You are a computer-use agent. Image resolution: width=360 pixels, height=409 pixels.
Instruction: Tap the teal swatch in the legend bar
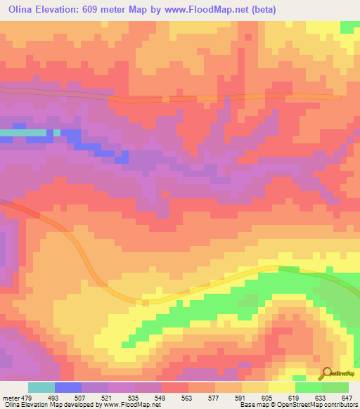(41, 387)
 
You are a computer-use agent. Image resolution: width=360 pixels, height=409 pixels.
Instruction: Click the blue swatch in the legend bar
(68, 387)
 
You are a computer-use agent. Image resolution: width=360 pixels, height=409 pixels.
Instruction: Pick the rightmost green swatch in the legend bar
(335, 387)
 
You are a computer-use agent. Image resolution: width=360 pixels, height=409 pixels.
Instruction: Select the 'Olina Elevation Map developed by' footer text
(42, 405)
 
